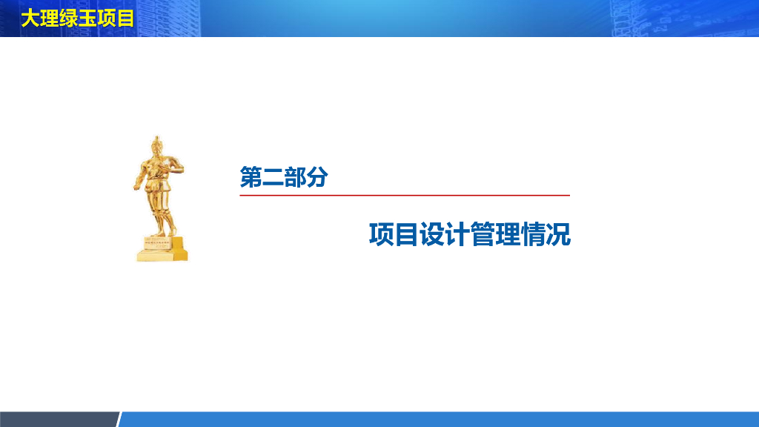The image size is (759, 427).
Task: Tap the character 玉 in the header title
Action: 87,18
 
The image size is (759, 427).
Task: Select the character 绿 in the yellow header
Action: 68,18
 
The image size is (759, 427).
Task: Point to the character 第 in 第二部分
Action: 251,177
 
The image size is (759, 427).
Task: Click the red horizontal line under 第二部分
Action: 405,195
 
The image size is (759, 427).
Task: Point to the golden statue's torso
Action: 158,179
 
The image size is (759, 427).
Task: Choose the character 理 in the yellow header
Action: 49,18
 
